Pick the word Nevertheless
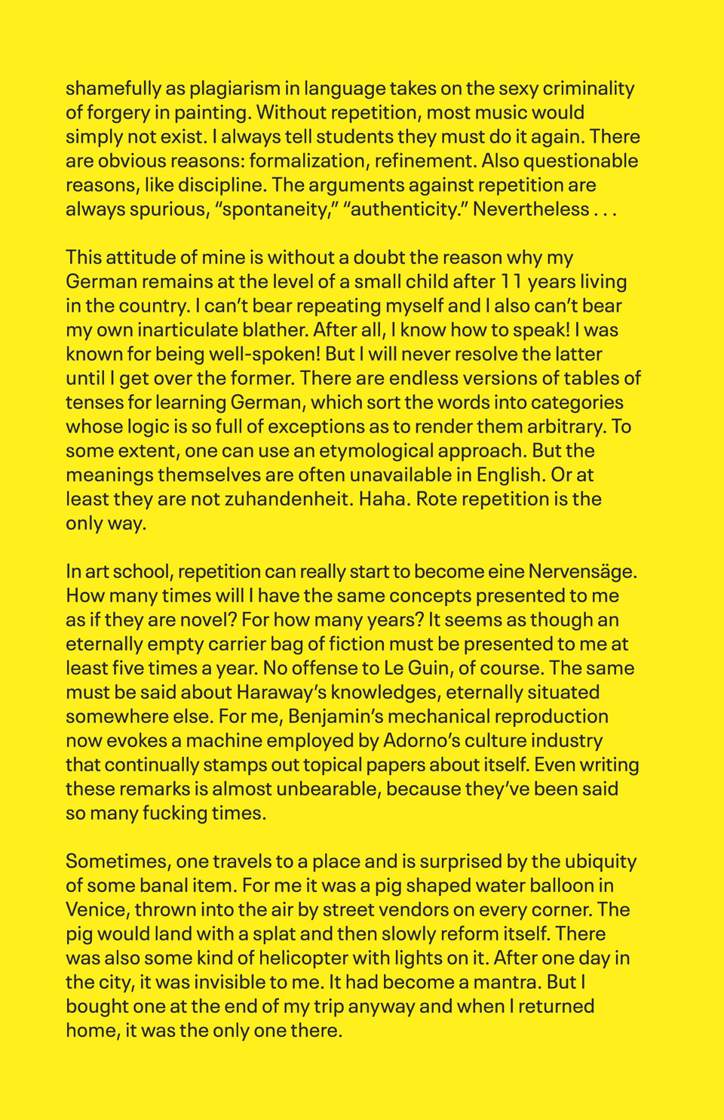(x=530, y=210)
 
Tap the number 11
(x=510, y=282)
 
